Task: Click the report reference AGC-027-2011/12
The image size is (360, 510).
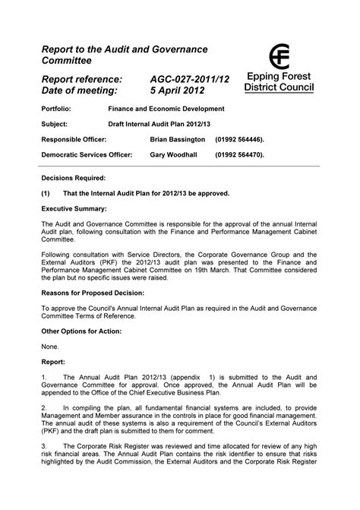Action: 190,79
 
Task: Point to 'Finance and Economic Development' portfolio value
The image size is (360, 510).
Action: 166,109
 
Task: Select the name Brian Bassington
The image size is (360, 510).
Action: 178,140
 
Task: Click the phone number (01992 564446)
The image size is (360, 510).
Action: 242,140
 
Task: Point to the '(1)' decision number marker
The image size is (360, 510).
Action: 46,193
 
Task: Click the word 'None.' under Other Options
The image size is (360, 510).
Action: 50,347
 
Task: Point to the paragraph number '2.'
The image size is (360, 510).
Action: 45,408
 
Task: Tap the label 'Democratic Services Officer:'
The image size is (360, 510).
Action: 87,154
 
